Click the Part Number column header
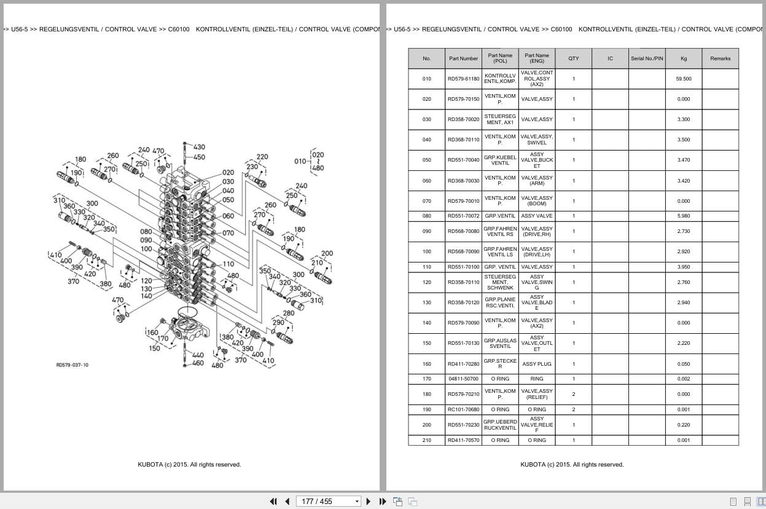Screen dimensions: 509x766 click(463, 58)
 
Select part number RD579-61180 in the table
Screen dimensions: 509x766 click(463, 79)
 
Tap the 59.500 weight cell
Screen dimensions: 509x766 click(684, 79)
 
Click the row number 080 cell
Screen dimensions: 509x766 click(427, 216)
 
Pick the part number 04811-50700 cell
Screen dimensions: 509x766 click(463, 379)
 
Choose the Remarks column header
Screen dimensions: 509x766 click(720, 58)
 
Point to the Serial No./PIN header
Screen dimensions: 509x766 click(647, 58)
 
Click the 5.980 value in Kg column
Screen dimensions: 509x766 click(684, 216)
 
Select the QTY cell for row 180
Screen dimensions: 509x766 click(574, 394)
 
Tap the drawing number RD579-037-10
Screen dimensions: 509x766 click(72, 365)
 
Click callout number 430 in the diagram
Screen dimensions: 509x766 click(199, 147)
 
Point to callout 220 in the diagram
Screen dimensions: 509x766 click(262, 157)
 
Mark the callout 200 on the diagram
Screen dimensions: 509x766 click(327, 253)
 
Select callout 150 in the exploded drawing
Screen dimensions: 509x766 click(154, 348)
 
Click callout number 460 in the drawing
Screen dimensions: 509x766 click(198, 363)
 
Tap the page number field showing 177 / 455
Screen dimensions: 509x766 click(328, 501)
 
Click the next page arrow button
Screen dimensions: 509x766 click(369, 501)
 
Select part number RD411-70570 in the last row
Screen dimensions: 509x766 click(463, 440)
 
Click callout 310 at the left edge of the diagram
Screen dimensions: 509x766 click(59, 200)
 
